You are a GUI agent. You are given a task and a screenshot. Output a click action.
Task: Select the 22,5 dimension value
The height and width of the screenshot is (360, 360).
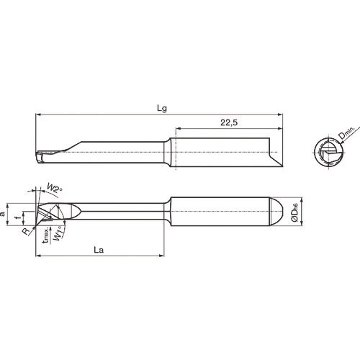coord(230,124)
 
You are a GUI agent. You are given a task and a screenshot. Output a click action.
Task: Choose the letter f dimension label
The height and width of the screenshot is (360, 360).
coord(19,214)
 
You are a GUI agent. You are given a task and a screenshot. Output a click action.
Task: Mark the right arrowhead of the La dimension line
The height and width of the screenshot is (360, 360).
coord(165,256)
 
